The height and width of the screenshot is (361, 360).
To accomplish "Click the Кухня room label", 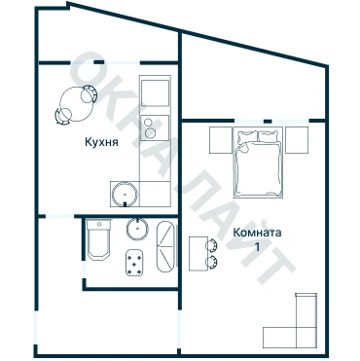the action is pos(101,142).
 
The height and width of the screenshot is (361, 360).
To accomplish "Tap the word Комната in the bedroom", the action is pos(257,233).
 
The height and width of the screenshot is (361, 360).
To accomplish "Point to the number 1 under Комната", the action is pos(258,247).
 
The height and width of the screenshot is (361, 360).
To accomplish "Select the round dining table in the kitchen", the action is pos(75,104).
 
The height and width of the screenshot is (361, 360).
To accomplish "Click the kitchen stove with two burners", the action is pos(155,127).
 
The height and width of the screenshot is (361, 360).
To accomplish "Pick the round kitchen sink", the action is pos(125,195).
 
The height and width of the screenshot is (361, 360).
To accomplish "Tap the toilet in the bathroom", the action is pos(98,239).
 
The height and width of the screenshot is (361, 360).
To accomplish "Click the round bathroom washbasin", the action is pos(137,229).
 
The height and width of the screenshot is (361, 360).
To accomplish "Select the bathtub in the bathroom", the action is pos(165,246).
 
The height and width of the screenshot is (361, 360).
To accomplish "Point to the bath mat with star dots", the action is pos(134,263).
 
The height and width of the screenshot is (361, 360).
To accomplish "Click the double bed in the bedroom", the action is pos(258,162).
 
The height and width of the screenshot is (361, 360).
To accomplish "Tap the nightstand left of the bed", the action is pos(221,140).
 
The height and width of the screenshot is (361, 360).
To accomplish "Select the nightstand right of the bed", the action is pos(297,140).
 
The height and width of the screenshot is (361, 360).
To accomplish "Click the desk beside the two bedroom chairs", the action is pos(198,254).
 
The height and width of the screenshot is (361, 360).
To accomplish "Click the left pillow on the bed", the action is pos(247,136).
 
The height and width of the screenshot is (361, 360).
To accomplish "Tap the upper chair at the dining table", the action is pos(89,94).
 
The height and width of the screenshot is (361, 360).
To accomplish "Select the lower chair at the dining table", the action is pos(63,116).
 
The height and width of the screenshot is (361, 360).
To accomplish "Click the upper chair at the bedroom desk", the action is pos(211,245).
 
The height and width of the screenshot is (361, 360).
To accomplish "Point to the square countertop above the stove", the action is pos(155,93).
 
